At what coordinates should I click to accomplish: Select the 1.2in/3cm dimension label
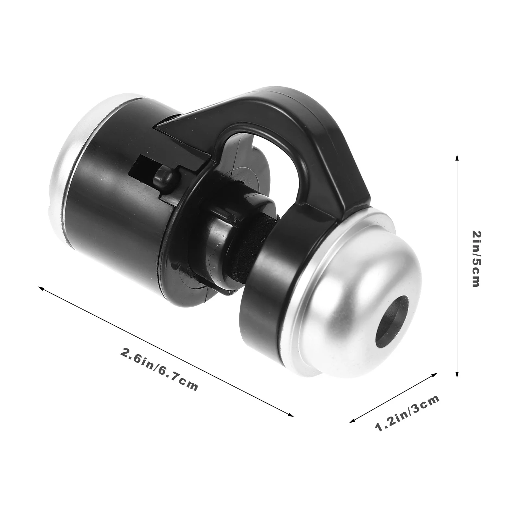coord(407,413)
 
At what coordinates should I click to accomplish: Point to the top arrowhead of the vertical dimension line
coord(457,158)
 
